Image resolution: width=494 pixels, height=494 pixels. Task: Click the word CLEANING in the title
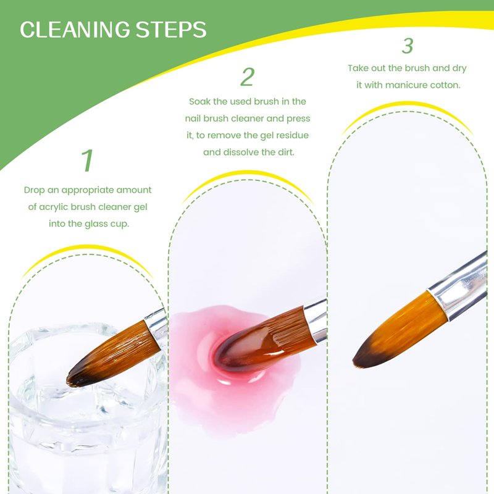coord(75,30)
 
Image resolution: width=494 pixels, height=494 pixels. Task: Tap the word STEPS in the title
coord(171,30)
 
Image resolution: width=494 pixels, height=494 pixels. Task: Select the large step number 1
coord(87,161)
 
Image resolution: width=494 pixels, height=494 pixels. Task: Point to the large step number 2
coord(248,77)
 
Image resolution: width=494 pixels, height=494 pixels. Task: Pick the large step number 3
coord(408,46)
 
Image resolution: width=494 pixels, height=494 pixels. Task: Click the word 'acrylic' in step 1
coord(52,207)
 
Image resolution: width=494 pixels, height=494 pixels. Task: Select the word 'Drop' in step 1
coord(34,190)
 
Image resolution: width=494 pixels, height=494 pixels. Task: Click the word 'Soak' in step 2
coord(199,101)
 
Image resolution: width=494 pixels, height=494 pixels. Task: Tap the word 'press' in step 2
coord(298,119)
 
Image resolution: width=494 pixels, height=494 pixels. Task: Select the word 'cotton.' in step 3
coord(445,85)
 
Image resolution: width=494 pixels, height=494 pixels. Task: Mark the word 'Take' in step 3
coord(358,68)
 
